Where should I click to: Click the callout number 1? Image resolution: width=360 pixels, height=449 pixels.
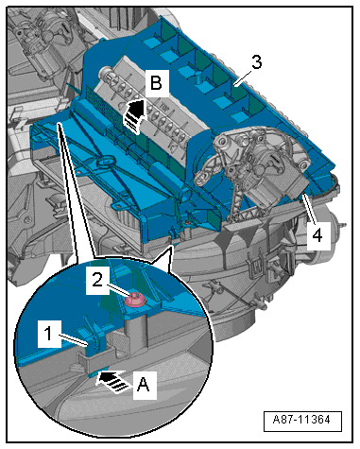point(48,334)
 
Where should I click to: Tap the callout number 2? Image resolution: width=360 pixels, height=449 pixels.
point(97,279)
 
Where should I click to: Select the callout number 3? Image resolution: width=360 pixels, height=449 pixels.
point(256,62)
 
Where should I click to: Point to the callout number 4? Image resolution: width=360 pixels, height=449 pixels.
point(317,234)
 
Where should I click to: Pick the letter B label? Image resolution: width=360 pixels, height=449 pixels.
point(156,83)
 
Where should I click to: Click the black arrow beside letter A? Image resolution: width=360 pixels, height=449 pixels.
point(112,381)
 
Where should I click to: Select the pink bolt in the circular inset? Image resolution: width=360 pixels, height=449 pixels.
point(135,300)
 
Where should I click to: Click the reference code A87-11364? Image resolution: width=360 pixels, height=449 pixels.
point(301,420)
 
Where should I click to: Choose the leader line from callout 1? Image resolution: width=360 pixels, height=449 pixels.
point(73,340)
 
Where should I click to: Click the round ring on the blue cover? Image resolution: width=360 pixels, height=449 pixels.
point(106,163)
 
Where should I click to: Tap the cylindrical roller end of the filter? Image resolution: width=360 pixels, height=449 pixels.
point(106,75)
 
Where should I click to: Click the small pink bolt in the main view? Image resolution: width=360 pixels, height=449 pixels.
point(187,223)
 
